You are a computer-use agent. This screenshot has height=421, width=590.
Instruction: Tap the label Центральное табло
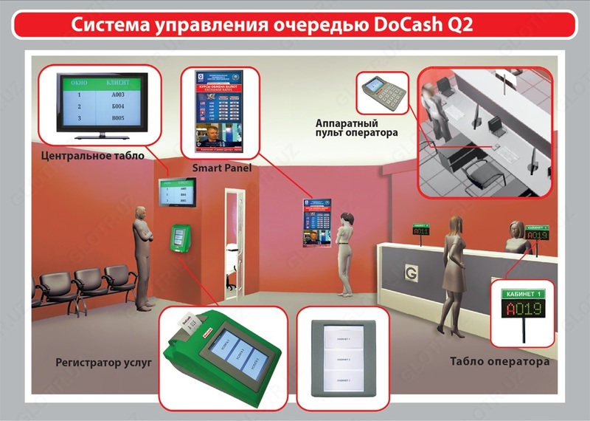click(93, 156)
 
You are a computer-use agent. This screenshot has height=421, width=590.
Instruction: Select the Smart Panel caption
click(221, 168)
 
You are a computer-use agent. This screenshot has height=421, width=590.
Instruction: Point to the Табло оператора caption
click(499, 363)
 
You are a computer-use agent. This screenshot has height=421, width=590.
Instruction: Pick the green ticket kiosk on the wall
click(178, 238)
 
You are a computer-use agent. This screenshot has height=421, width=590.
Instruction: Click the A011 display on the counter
click(420, 230)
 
